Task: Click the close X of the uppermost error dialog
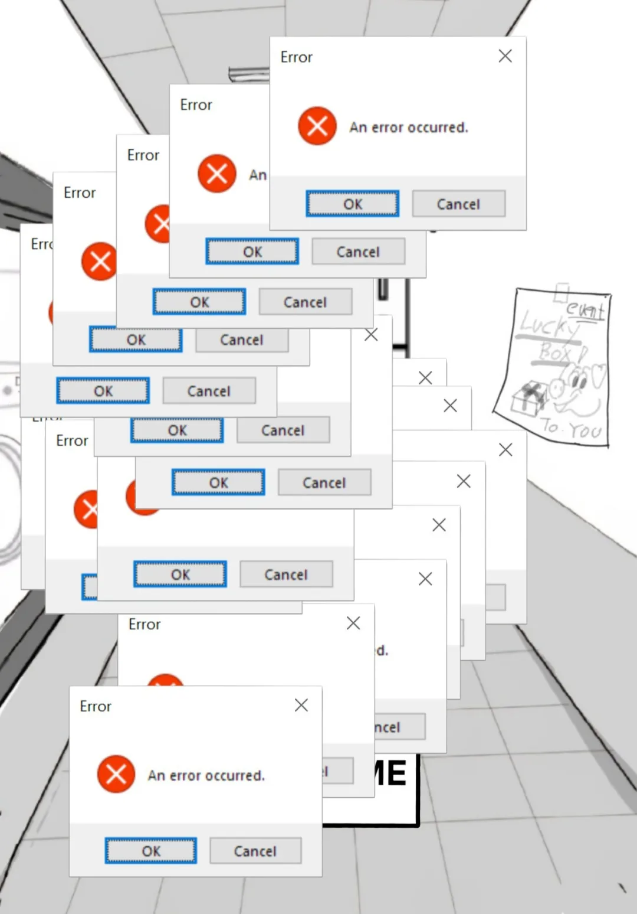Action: (x=505, y=56)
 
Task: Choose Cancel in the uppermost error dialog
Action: (x=458, y=204)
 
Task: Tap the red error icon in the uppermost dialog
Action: (x=317, y=126)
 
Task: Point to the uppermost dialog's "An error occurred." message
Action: (x=408, y=128)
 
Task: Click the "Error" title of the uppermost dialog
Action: (x=296, y=57)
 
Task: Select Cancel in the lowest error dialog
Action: (x=255, y=851)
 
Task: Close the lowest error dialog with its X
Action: (x=301, y=705)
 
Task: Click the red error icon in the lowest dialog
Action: (x=116, y=774)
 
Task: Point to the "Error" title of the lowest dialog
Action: (x=96, y=706)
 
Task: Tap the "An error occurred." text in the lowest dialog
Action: (x=206, y=775)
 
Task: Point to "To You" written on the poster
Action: (x=571, y=429)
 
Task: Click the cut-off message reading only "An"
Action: (x=258, y=175)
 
